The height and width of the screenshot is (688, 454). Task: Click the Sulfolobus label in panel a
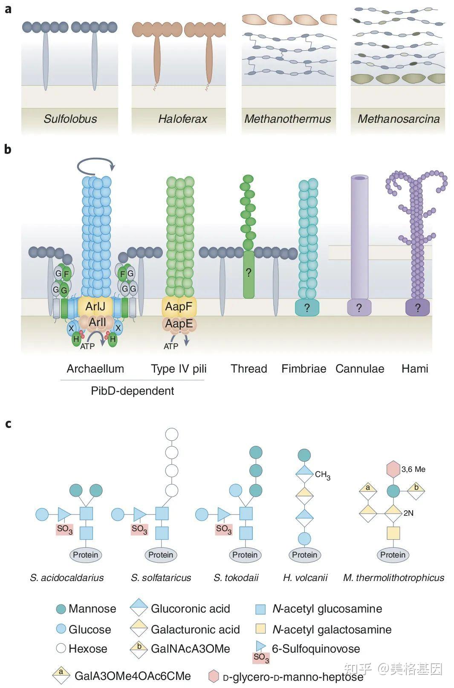[x=70, y=119]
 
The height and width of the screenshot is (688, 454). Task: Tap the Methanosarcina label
[x=399, y=119]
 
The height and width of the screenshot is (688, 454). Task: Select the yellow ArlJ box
[x=95, y=306]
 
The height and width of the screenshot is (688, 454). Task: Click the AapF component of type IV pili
[x=179, y=306]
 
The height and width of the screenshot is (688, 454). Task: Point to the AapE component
[x=179, y=324]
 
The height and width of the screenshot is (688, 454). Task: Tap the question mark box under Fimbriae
[x=307, y=308]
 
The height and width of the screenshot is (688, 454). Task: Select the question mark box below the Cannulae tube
[x=359, y=308]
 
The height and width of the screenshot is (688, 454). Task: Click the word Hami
[x=415, y=369]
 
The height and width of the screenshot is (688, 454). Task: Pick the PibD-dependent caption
[x=133, y=391]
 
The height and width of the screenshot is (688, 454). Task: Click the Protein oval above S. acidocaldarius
[x=85, y=555]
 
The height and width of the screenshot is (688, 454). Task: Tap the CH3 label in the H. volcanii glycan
[x=323, y=475]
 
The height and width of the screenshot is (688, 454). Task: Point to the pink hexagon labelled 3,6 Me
[x=393, y=469]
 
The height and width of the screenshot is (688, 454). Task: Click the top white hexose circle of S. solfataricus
[x=172, y=434]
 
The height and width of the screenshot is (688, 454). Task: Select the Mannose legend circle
[x=61, y=609]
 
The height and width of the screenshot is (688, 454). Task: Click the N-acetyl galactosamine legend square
[x=260, y=629]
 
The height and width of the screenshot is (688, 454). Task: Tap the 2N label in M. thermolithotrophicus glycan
[x=408, y=513]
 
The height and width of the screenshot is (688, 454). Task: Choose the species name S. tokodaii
[x=236, y=578]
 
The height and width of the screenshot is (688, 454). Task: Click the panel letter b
[x=8, y=149]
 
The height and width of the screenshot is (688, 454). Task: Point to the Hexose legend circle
[x=61, y=648]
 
